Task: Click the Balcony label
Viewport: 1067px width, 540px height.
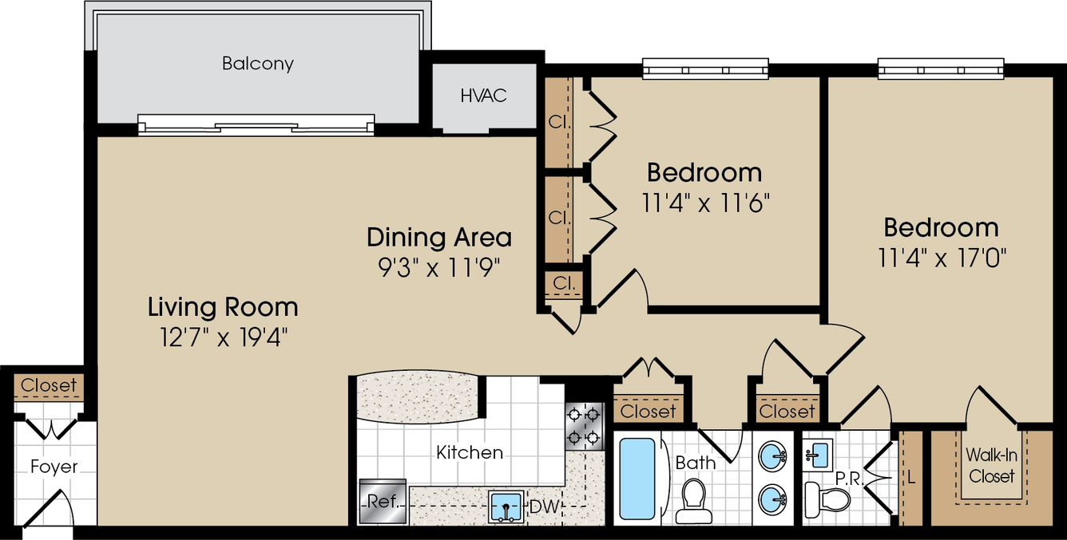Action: (258, 64)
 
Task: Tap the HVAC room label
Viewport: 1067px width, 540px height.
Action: (483, 96)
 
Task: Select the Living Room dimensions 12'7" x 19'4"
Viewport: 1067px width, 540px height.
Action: (224, 337)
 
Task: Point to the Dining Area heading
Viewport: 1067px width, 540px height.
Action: (439, 237)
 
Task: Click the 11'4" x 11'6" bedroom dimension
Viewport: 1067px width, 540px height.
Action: (705, 203)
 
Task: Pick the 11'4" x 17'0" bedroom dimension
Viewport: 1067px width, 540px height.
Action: (942, 258)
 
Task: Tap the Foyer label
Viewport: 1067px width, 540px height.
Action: (54, 467)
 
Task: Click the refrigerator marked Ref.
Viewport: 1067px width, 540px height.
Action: (383, 502)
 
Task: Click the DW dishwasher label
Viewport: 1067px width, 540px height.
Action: (544, 506)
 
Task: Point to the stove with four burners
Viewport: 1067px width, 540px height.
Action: (584, 426)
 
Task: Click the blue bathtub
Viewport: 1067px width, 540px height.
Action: (637, 479)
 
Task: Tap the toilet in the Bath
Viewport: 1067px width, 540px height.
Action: (693, 500)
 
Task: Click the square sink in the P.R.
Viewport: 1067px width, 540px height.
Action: (817, 455)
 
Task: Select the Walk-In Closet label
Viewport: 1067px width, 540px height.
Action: (991, 465)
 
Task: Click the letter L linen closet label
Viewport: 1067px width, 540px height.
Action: (911, 477)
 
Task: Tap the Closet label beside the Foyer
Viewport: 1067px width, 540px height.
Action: (49, 385)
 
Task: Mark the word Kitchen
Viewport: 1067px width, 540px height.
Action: (470, 452)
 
